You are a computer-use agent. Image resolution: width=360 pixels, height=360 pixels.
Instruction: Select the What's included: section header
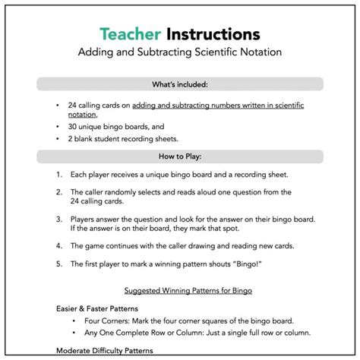coord(180,84)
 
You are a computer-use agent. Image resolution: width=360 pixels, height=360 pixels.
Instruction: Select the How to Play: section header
coord(180,156)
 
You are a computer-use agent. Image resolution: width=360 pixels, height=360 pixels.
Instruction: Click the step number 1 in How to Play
coord(58,175)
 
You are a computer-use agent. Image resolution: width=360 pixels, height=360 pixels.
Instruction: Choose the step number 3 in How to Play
coord(58,219)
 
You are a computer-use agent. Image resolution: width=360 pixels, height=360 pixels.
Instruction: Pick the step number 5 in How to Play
coord(58,264)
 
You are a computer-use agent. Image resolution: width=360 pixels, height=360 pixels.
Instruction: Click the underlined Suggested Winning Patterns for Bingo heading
coord(179,291)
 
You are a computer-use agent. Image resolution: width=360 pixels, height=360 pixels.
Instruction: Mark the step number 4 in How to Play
coord(58,245)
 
